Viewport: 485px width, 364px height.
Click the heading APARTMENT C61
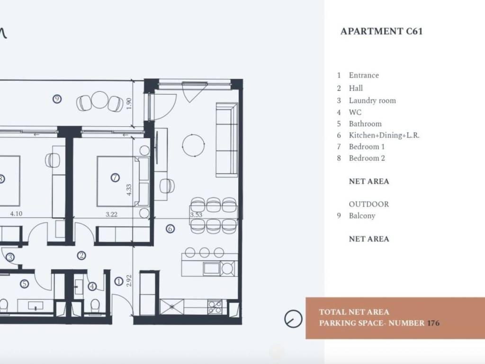(381, 32)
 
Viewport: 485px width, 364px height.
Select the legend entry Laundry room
(372, 100)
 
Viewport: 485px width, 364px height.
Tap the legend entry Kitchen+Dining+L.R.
(384, 135)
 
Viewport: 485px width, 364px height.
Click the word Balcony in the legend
(362, 216)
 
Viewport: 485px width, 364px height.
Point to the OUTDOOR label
(368, 204)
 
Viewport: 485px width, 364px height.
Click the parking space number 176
(433, 323)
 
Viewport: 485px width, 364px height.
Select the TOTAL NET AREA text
(354, 312)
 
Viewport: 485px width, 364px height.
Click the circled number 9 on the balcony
(57, 99)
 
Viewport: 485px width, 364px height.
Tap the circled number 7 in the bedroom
(115, 178)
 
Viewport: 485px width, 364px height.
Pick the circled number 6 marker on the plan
(171, 229)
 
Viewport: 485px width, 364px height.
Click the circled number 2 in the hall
(81, 256)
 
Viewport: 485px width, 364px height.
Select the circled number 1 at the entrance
(119, 282)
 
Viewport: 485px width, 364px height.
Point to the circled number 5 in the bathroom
(24, 284)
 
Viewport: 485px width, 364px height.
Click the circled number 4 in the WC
(92, 286)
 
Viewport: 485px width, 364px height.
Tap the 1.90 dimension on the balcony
(129, 104)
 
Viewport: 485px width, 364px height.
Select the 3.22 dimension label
(111, 214)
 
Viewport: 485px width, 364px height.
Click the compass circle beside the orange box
(294, 318)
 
